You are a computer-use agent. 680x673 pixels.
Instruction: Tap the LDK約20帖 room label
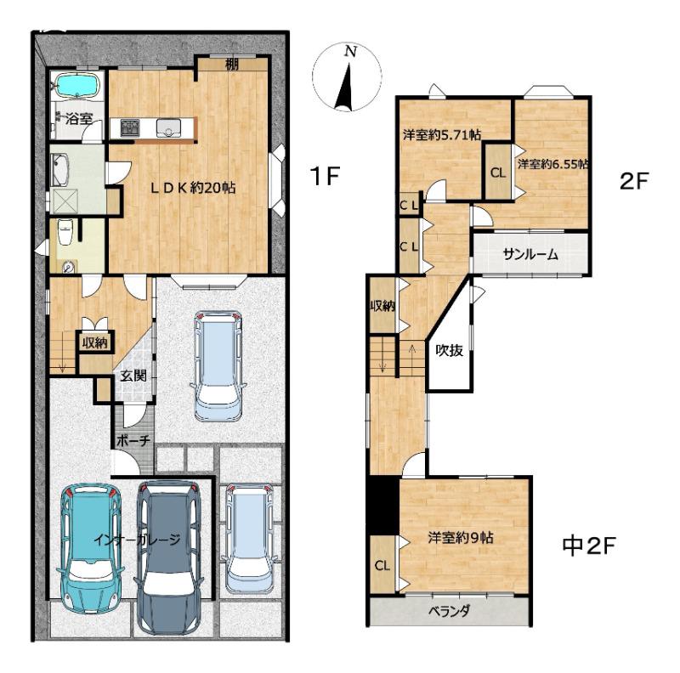(193, 188)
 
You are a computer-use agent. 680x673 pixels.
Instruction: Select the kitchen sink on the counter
(169, 127)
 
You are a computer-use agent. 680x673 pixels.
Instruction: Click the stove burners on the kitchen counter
(130, 128)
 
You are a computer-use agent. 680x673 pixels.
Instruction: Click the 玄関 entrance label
(133, 376)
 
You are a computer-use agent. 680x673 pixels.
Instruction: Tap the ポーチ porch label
(133, 440)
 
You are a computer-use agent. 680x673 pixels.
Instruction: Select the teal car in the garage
(90, 546)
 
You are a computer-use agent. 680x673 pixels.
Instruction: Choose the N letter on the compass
(350, 52)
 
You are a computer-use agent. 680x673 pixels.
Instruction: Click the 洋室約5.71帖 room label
(442, 135)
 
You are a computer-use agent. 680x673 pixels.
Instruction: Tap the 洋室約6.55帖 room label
(553, 164)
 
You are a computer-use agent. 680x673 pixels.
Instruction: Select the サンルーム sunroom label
(530, 254)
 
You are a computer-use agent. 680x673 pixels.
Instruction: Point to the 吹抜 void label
(450, 350)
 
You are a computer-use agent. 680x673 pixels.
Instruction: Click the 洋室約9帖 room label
(461, 538)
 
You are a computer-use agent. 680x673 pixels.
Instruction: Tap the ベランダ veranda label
(450, 612)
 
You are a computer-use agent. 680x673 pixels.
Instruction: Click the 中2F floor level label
(589, 546)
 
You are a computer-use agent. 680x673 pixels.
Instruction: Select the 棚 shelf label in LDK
(232, 65)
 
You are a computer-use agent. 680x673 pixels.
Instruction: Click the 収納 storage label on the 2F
(382, 306)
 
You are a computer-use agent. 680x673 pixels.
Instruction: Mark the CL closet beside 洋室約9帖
(382, 565)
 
